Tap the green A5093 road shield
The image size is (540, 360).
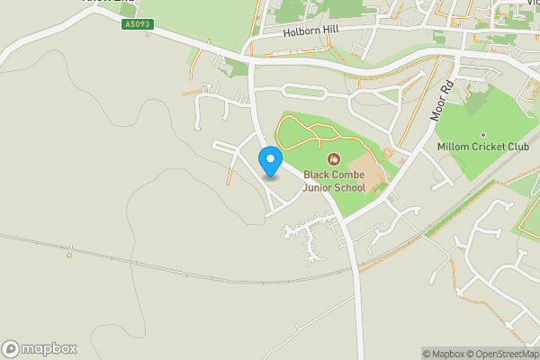coord(138,24)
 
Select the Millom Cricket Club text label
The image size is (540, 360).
coord(482,147)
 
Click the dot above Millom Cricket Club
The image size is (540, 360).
coord(482,135)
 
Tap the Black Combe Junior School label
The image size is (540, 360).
coord(334,181)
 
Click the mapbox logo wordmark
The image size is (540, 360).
coord(49,348)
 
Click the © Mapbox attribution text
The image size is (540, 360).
coord(444,354)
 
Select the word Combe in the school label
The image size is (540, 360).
coord(347,175)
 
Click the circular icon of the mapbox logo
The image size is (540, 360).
coord(11,348)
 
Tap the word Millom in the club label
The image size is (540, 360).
coord(454,147)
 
